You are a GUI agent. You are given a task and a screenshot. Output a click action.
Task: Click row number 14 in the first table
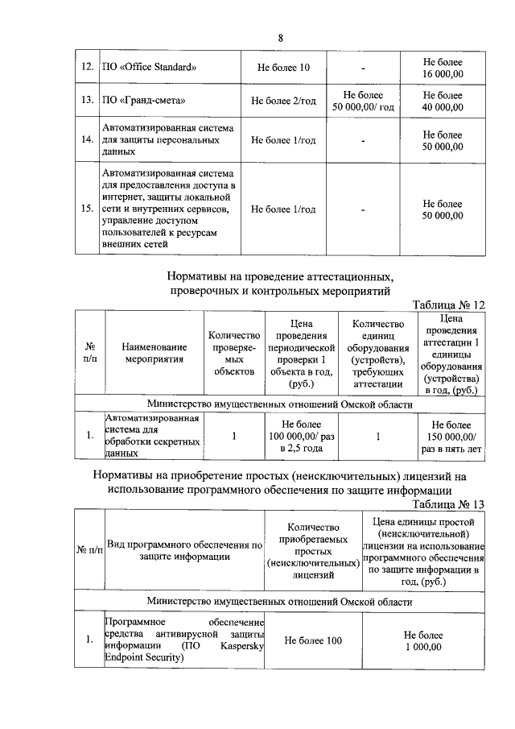tap(87, 139)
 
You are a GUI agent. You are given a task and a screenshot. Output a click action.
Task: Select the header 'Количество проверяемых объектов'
tap(234, 353)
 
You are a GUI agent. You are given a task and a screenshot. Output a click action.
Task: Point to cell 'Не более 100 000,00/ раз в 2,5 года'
tap(302, 436)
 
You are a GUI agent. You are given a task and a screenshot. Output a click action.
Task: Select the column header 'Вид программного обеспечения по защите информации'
tap(185, 549)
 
